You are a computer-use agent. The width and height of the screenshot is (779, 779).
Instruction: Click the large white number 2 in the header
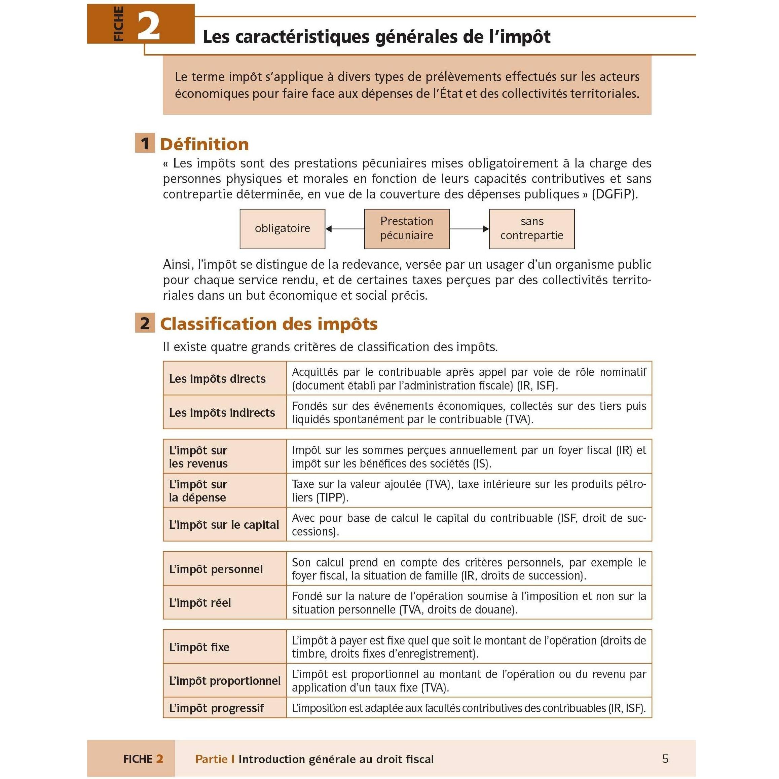pos(149,26)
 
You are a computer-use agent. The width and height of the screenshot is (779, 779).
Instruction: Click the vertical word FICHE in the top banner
pos(118,24)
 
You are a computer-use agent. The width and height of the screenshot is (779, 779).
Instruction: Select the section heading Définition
pos(205,144)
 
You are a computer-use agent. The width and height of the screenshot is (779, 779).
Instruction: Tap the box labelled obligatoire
pos(282,229)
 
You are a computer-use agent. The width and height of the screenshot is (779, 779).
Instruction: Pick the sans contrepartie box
pos(531,229)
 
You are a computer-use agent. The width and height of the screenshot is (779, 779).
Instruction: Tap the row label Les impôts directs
pos(217,379)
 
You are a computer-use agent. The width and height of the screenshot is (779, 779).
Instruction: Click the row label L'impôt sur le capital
pos(224,525)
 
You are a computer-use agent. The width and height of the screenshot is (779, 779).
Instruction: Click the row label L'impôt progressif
pos(216,708)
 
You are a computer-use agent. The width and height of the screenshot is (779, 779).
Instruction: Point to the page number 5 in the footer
pos(665,758)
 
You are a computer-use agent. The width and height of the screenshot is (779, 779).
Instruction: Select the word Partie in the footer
pos(211,759)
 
